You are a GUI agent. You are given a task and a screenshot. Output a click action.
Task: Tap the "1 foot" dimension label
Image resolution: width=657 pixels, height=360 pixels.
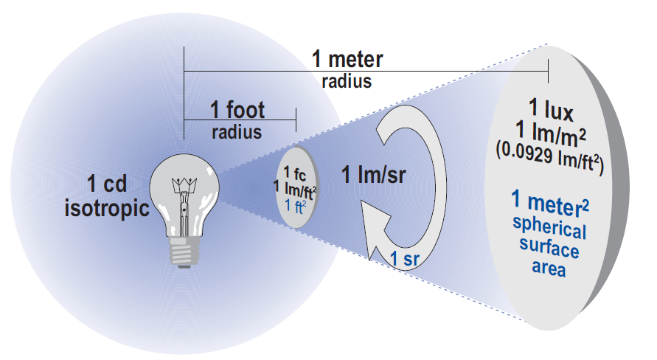coord(237,111)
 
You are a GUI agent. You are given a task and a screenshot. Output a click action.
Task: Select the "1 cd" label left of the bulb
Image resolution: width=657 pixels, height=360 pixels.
coord(108,182)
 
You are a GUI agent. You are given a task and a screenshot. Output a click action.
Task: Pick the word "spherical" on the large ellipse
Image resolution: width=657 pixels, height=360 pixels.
coord(551,229)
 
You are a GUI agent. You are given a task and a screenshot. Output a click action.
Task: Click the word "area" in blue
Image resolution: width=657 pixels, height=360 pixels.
coord(549,268)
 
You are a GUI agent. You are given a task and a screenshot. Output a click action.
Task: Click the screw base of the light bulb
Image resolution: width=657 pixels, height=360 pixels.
coord(184,251)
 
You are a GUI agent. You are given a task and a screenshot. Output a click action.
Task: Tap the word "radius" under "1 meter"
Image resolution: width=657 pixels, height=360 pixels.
coord(347,80)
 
